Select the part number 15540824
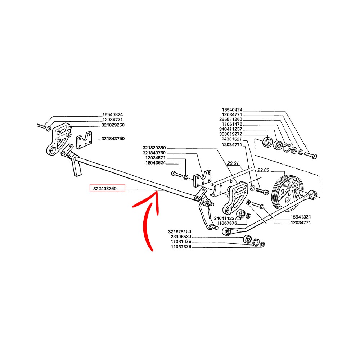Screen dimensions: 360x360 pyautogui.click(x=113, y=115)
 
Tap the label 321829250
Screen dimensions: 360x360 pyautogui.click(x=113, y=125)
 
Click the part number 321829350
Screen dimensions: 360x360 pyautogui.click(x=154, y=148)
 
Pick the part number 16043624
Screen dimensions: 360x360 pyautogui.click(x=156, y=163)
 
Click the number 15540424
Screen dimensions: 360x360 pyautogui.click(x=233, y=109)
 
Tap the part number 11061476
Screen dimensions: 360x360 pyautogui.click(x=233, y=124)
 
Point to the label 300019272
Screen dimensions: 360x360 pyautogui.click(x=233, y=134)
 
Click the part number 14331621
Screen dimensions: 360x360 pyautogui.click(x=233, y=139)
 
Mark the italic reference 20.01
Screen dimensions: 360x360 pyautogui.click(x=233, y=163)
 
